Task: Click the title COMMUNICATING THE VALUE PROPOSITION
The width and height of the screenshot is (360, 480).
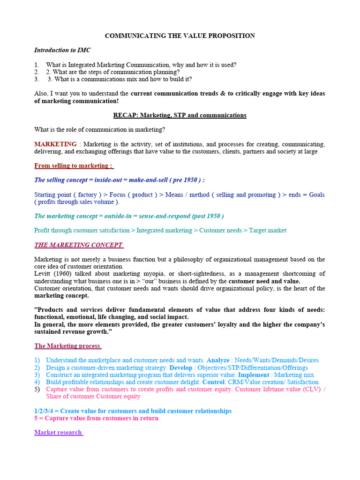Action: [x=180, y=36]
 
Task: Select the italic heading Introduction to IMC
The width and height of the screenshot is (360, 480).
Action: [x=62, y=50]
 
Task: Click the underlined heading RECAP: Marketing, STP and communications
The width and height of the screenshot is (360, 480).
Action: [x=180, y=115]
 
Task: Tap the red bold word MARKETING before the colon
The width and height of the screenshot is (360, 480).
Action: [x=55, y=144]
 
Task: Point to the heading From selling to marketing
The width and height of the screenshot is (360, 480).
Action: [x=73, y=166]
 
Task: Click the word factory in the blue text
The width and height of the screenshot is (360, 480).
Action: [x=87, y=195]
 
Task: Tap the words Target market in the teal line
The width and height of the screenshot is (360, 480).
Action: [x=268, y=231]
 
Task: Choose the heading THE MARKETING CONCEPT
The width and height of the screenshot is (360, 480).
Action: [x=78, y=245]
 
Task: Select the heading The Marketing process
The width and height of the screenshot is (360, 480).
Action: [x=67, y=346]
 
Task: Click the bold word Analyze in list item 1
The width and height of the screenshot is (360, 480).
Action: [x=218, y=360]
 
